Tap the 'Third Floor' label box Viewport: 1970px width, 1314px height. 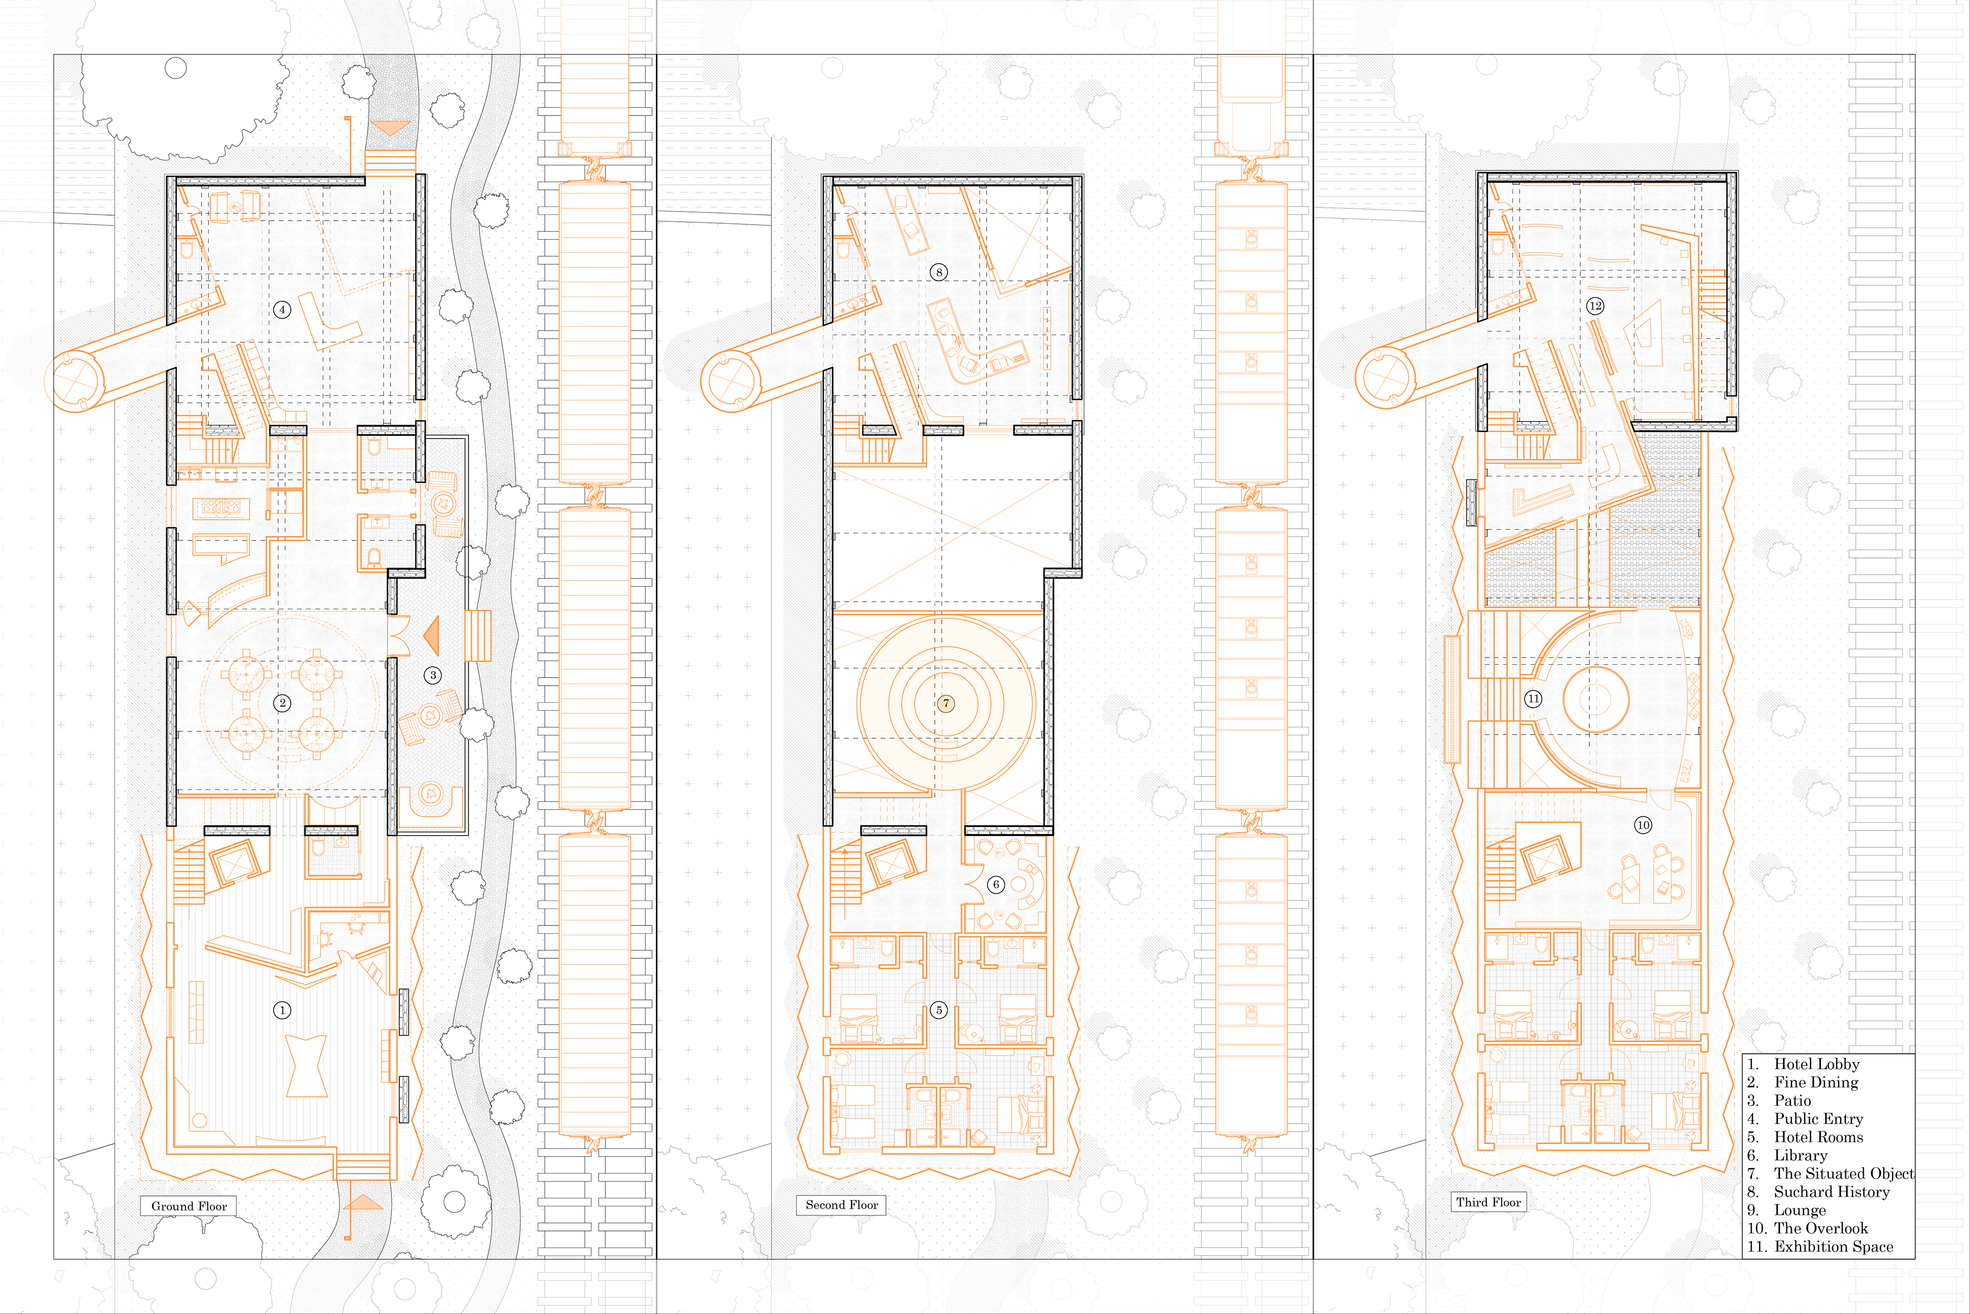click(x=1488, y=1202)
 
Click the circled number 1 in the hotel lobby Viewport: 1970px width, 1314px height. click(x=282, y=1010)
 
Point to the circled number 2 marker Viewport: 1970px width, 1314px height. click(x=282, y=703)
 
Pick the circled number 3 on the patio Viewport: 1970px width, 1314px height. click(x=433, y=674)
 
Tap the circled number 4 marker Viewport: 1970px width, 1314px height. click(x=282, y=309)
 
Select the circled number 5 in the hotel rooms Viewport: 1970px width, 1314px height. click(x=939, y=1010)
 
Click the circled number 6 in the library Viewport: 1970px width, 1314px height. click(x=996, y=884)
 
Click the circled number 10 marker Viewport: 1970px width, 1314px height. click(x=1643, y=825)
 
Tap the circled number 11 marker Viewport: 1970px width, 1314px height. click(x=1533, y=698)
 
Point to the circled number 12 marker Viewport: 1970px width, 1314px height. click(x=1595, y=306)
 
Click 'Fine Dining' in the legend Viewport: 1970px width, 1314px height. click(x=1816, y=1082)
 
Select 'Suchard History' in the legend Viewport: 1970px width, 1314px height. click(x=1832, y=1192)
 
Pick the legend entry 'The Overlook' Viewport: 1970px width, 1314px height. click(x=1821, y=1228)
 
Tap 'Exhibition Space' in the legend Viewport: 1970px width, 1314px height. click(x=1834, y=1246)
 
